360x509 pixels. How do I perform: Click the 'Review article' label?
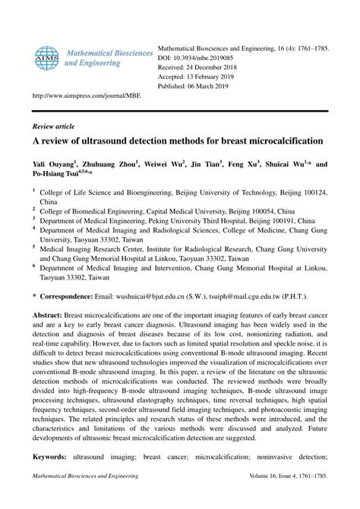[x=54, y=126]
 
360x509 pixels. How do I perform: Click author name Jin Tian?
[x=204, y=163]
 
